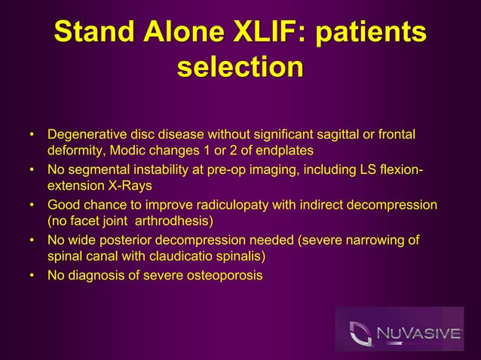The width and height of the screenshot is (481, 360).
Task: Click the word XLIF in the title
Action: tap(263, 33)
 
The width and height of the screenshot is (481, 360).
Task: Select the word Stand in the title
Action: tap(91, 33)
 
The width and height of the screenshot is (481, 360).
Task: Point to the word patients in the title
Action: tap(369, 33)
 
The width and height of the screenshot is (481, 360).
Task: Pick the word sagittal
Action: tap(341, 135)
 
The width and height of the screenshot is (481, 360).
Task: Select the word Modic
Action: tap(131, 151)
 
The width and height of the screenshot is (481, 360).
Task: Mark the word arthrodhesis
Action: tap(171, 221)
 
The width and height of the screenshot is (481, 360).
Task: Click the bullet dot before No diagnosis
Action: tap(32, 276)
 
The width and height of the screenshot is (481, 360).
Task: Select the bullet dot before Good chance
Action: tap(32, 206)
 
